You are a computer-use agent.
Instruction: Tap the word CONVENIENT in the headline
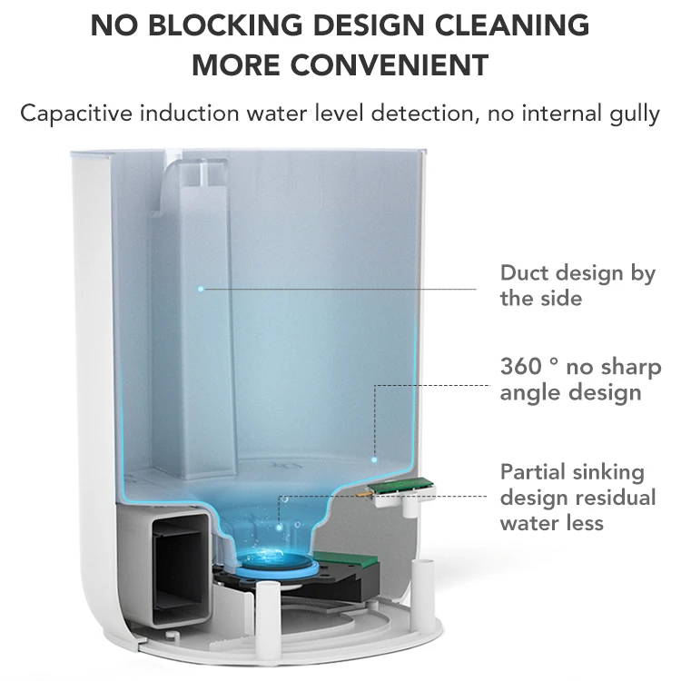click(x=390, y=65)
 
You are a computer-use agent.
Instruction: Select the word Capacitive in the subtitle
click(x=76, y=113)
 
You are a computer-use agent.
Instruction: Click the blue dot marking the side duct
click(x=201, y=289)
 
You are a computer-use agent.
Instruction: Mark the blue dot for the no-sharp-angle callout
click(x=374, y=459)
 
